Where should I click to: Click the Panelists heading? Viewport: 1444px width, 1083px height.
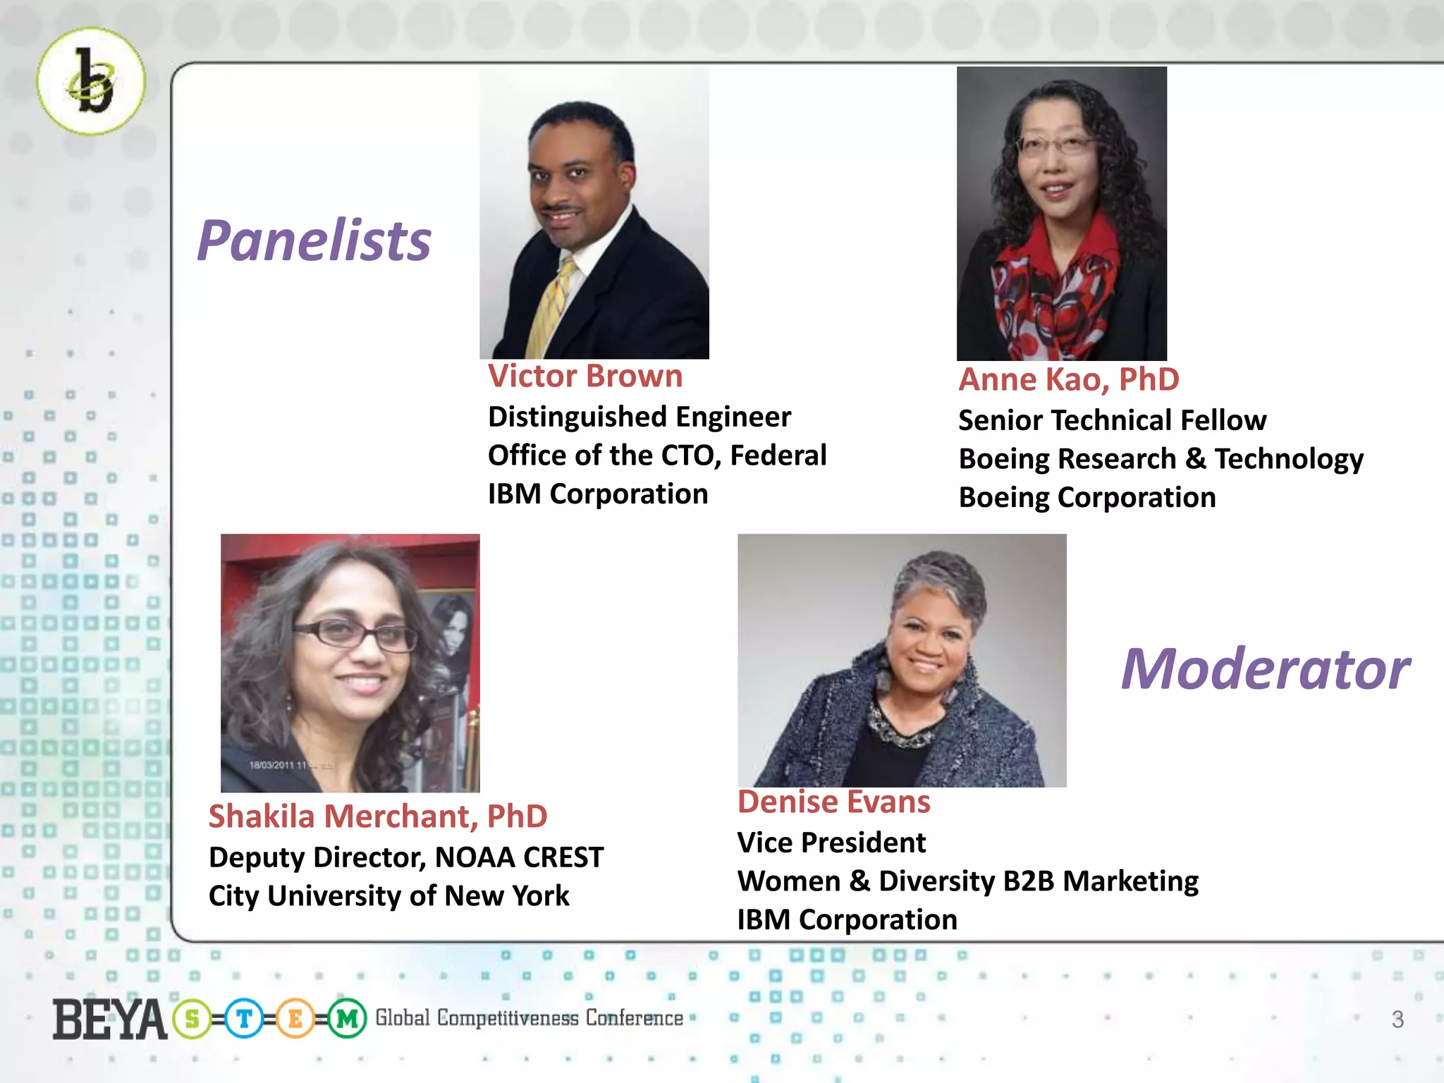click(x=314, y=240)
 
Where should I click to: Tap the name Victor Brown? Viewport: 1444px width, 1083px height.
click(x=585, y=376)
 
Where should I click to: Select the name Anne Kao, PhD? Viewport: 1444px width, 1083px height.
click(x=1068, y=379)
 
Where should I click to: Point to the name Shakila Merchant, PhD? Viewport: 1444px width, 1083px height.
click(x=378, y=816)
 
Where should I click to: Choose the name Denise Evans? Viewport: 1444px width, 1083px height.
click(x=833, y=802)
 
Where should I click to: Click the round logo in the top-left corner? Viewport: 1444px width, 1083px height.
click(x=91, y=81)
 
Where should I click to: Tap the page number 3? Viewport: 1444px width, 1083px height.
click(x=1397, y=1020)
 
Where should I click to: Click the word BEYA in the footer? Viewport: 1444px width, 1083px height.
click(x=109, y=1020)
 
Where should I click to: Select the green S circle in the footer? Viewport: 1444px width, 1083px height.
click(x=192, y=1019)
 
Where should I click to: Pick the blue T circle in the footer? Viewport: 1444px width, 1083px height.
click(x=244, y=1019)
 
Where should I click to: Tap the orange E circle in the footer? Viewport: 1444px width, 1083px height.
click(x=295, y=1019)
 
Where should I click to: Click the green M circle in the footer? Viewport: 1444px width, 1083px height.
click(x=347, y=1019)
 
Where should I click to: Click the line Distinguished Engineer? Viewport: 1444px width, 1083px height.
click(x=639, y=417)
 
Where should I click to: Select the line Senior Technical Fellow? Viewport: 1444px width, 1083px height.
click(x=1112, y=420)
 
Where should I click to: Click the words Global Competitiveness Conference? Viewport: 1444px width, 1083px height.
click(x=529, y=1018)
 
